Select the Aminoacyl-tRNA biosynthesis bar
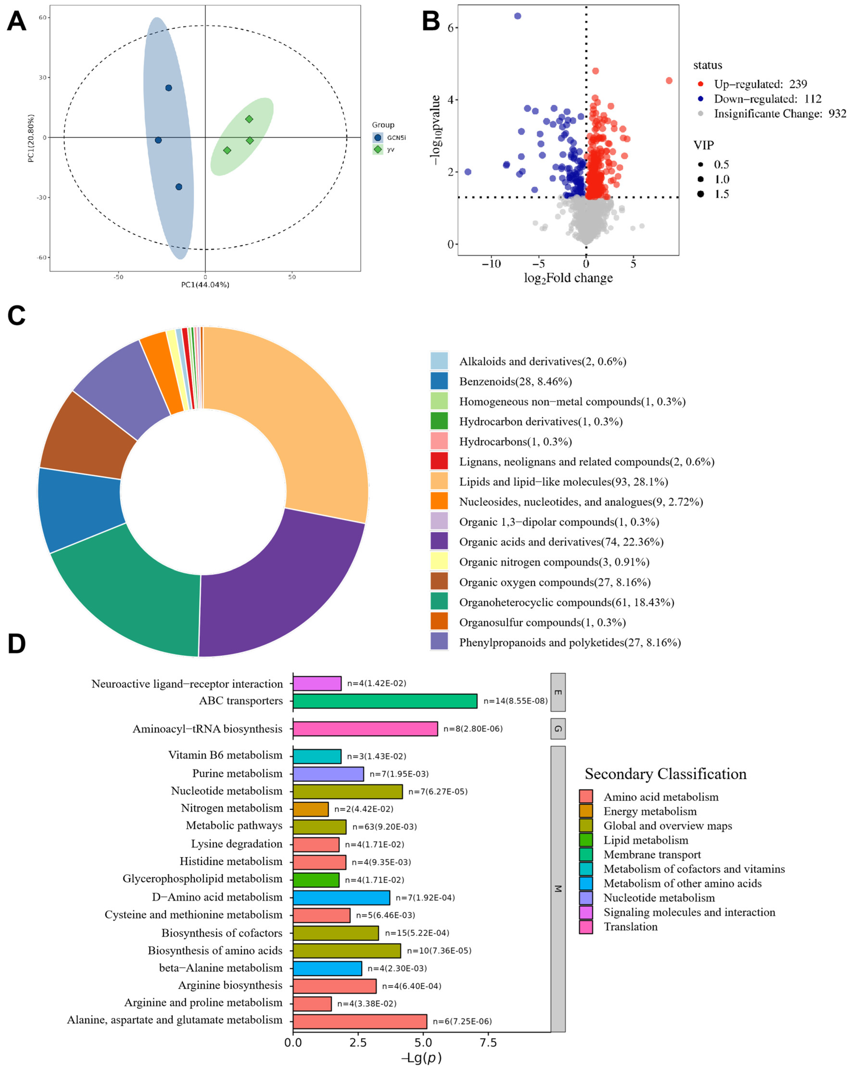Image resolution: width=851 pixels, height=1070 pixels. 365,729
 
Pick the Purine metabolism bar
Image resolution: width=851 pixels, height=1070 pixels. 328,774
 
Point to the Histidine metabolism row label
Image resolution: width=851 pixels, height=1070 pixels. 231,862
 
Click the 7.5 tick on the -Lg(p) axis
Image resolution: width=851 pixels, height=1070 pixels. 488,1042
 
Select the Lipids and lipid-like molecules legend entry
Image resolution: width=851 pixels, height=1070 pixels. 563,482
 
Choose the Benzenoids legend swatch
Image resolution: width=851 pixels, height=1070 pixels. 439,381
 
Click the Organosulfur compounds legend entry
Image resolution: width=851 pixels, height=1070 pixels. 542,622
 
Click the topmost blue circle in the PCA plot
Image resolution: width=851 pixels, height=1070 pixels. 168,88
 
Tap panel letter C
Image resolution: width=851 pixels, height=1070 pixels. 16,316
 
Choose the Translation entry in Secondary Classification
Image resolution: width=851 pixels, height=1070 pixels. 630,926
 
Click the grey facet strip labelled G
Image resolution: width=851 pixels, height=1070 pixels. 558,729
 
